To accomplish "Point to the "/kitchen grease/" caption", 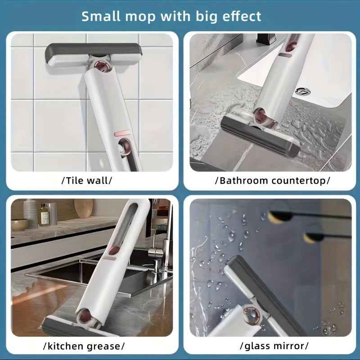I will [x=84, y=346].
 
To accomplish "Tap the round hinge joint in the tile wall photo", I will [x=103, y=67].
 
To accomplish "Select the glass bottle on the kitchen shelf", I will [x=44, y=215].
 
